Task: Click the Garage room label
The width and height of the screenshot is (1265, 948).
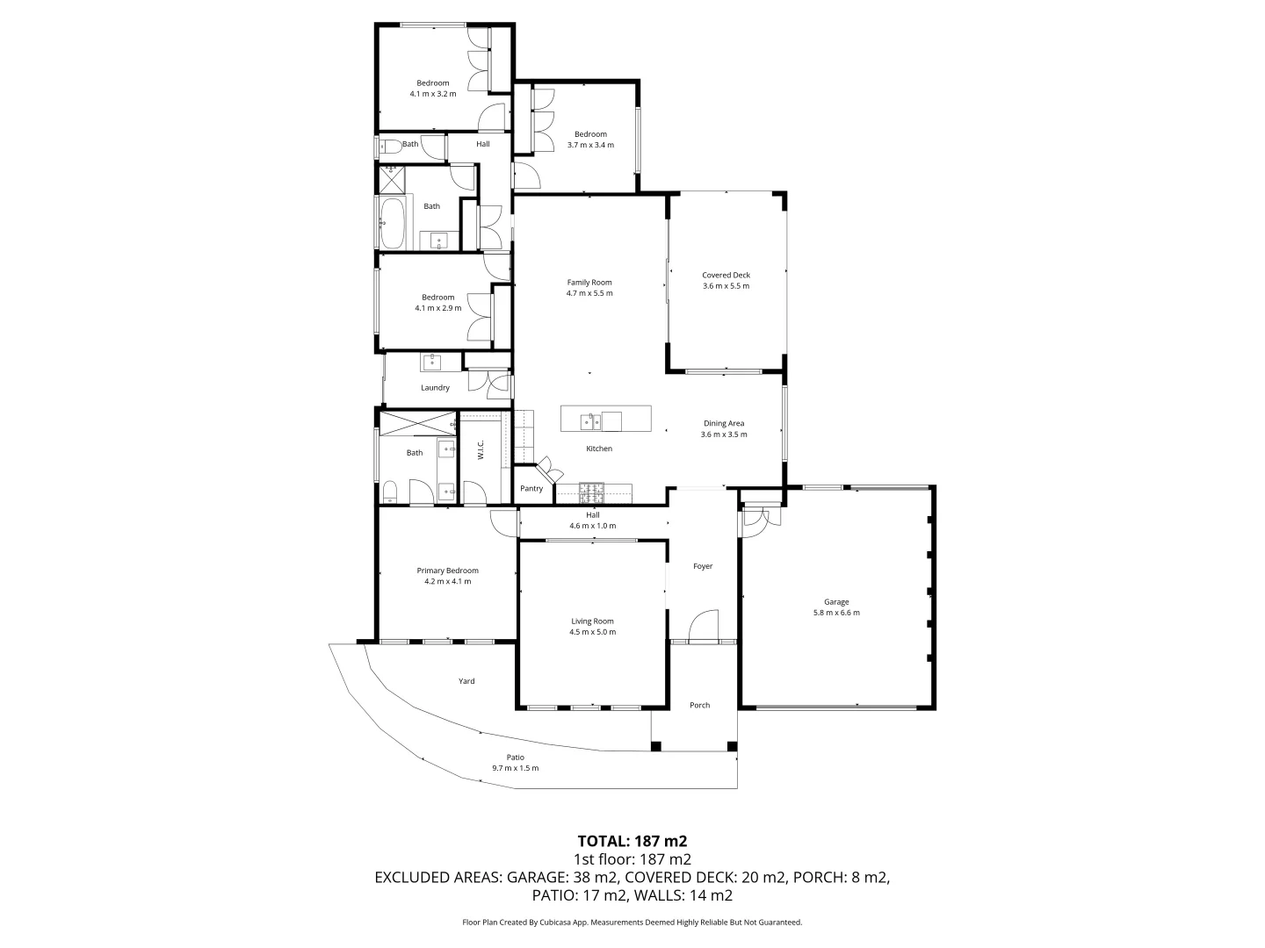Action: pyautogui.click(x=835, y=602)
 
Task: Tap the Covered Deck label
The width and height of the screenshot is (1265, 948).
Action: pyautogui.click(x=726, y=275)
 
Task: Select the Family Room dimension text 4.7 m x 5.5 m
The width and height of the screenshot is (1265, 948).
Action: pyautogui.click(x=589, y=293)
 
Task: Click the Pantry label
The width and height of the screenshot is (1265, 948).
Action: pyautogui.click(x=531, y=489)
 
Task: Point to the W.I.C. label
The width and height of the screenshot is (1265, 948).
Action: pyautogui.click(x=481, y=450)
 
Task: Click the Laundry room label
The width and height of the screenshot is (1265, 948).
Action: pyautogui.click(x=435, y=388)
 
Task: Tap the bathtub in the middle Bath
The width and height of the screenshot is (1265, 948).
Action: pyautogui.click(x=393, y=223)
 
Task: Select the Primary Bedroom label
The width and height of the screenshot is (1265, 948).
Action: pyautogui.click(x=447, y=571)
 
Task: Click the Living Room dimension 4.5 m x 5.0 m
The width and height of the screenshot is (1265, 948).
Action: pyautogui.click(x=592, y=632)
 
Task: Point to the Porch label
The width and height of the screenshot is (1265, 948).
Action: pyautogui.click(x=699, y=705)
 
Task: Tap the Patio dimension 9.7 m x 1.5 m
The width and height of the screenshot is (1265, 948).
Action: pyautogui.click(x=515, y=768)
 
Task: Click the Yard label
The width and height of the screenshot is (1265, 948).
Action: pyautogui.click(x=466, y=681)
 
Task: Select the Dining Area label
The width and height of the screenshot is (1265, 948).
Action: pyautogui.click(x=724, y=423)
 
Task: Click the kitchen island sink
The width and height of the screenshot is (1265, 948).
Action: pyautogui.click(x=590, y=422)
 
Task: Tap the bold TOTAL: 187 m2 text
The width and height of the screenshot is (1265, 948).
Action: pyautogui.click(x=632, y=840)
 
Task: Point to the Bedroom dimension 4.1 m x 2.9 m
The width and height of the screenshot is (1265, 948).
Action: pyautogui.click(x=437, y=308)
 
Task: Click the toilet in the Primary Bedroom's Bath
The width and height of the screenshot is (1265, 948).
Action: pyautogui.click(x=390, y=492)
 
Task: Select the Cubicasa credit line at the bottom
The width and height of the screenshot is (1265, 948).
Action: pyautogui.click(x=632, y=923)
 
